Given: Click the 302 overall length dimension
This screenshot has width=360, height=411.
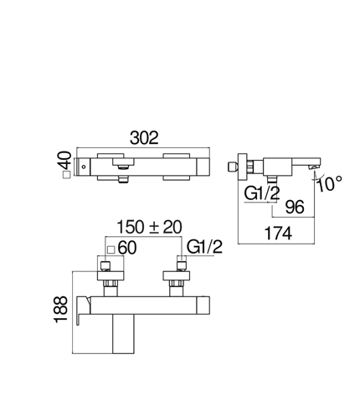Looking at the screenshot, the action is (144, 137).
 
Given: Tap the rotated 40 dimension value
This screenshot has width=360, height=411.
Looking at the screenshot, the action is (65, 160).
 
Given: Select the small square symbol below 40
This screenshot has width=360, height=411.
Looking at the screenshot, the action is (66, 175).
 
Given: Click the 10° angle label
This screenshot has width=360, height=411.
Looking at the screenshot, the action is (330, 183).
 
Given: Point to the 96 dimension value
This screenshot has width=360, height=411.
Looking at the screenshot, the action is (295, 207).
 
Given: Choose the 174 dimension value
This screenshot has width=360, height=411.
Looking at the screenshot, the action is (278, 234).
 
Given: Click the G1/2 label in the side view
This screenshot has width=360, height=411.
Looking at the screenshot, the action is (262, 193).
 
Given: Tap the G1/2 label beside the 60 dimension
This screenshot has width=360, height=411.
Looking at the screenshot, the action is (204, 247).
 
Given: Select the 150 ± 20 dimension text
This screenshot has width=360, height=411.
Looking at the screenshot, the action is (149, 227).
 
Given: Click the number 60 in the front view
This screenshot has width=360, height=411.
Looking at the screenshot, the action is (127, 248).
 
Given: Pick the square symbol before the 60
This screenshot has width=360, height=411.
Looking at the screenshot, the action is (111, 249).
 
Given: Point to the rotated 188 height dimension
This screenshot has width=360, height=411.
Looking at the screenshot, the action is (60, 310).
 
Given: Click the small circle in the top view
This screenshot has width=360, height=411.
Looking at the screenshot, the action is (84, 167).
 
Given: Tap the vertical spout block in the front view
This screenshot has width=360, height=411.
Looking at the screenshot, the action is (123, 334).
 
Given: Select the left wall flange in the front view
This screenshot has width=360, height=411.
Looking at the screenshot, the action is (111, 275).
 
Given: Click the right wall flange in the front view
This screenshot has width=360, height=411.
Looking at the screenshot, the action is (177, 275).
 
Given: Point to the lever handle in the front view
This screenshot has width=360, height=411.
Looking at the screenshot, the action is (83, 309).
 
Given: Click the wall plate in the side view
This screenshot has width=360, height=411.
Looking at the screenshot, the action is (243, 167).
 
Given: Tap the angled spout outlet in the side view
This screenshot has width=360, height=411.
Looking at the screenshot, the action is (313, 167).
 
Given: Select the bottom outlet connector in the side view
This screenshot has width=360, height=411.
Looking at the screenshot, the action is (272, 179).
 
